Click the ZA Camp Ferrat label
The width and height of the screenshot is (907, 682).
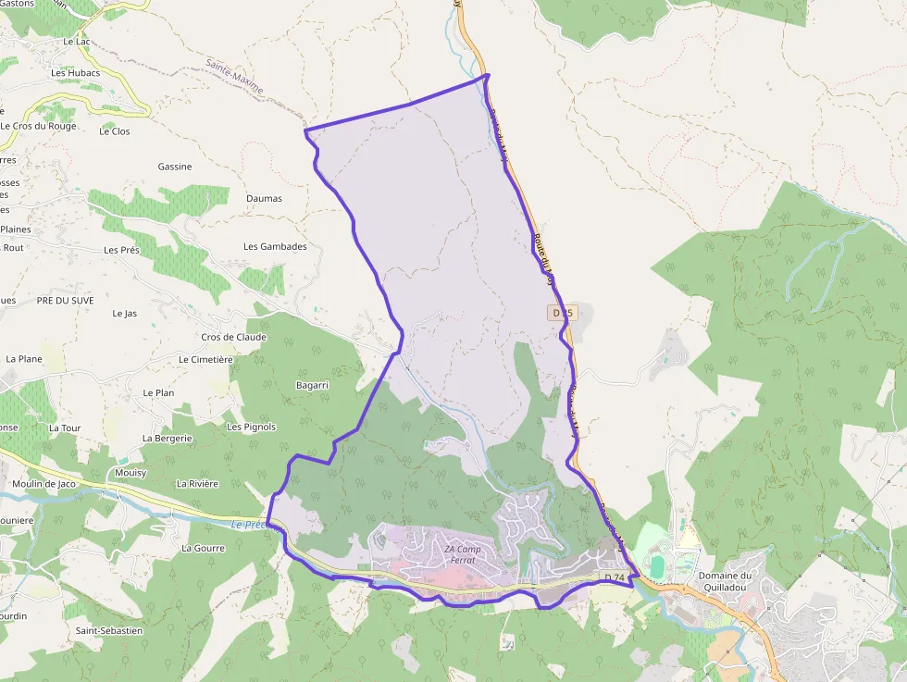tap(463, 554)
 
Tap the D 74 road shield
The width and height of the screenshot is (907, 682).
tap(615, 577)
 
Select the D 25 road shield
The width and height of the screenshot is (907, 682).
tap(563, 313)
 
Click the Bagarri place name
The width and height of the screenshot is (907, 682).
tap(312, 385)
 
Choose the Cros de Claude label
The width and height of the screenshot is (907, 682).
tap(233, 337)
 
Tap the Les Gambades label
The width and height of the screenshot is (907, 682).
tap(275, 247)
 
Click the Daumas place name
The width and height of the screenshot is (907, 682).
tap(264, 198)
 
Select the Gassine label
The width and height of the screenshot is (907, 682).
tap(175, 167)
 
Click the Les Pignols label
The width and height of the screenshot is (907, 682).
tap(251, 427)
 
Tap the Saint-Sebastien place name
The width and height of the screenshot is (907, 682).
tap(109, 631)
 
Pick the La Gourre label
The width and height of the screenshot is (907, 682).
tap(203, 548)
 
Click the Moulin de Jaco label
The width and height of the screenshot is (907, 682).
tap(44, 484)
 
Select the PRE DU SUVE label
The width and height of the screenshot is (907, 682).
tap(65, 301)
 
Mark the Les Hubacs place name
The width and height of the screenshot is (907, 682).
tap(75, 72)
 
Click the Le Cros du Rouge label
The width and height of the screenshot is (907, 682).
tap(38, 126)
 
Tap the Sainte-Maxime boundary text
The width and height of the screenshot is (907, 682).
tap(234, 79)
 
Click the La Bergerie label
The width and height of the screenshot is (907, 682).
tap(167, 438)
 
